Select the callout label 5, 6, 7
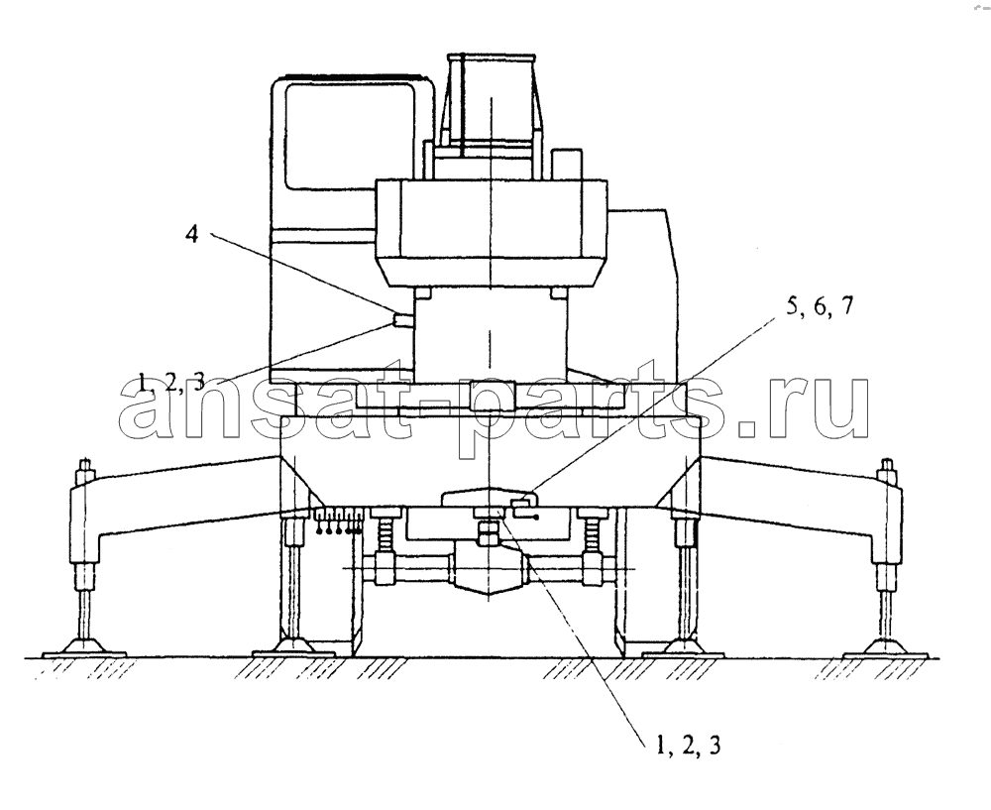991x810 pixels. [x=819, y=308]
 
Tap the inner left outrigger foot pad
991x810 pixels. [x=292, y=646]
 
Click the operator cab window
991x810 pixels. [x=349, y=136]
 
